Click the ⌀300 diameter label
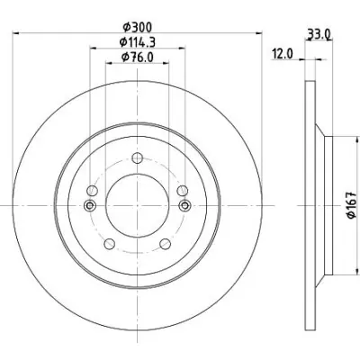coord(138,28)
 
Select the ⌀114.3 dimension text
coord(138,42)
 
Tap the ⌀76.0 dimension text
coord(138,57)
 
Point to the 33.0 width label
coord(319,34)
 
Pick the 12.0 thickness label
coord(282,54)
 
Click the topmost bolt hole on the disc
coord(137,157)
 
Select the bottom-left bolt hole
coord(110,243)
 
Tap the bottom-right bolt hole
coord(165,243)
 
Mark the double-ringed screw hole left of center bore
coord(90,205)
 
